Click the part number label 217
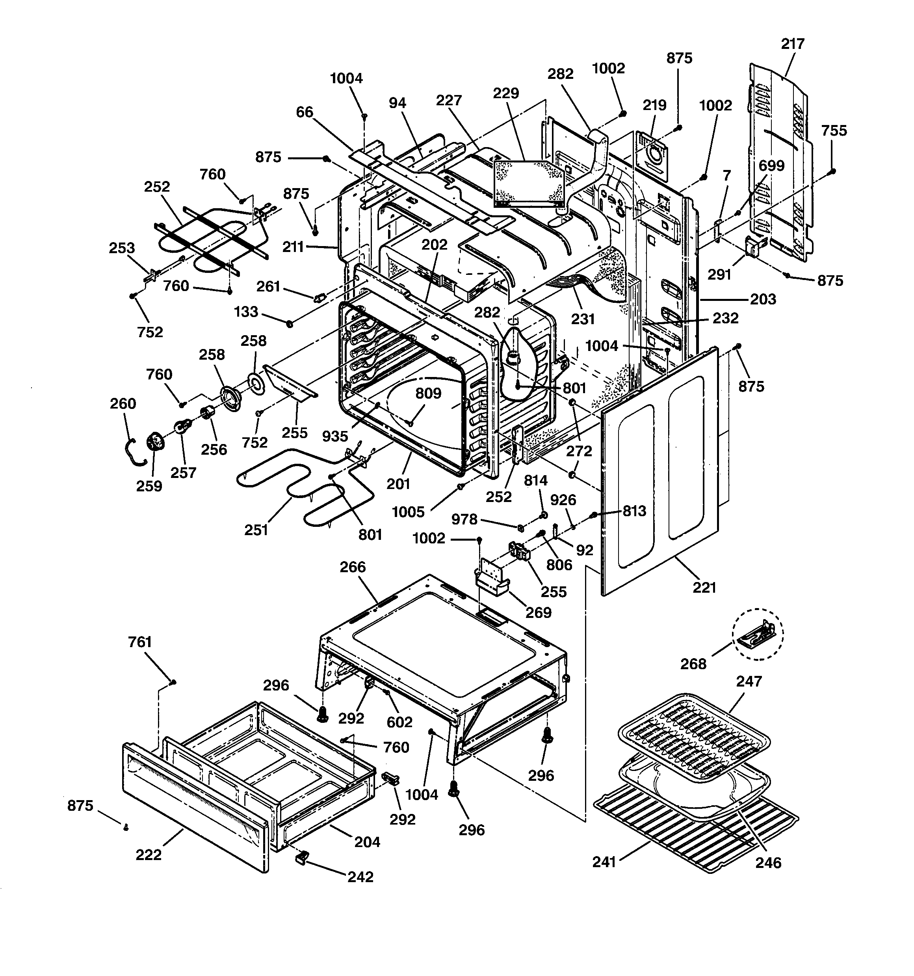click(x=792, y=44)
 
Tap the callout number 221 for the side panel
click(x=704, y=587)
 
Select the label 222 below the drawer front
click(x=149, y=855)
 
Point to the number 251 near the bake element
click(x=256, y=530)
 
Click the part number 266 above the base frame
click(x=353, y=567)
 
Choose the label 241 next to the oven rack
click(x=604, y=862)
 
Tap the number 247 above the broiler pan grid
click(x=749, y=681)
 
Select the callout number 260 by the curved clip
click(x=123, y=403)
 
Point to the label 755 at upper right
click(x=834, y=131)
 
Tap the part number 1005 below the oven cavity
click(x=408, y=512)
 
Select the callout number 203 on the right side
click(x=763, y=299)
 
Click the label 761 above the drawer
click(x=140, y=642)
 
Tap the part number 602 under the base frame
click(x=399, y=722)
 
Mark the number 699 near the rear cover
click(x=771, y=166)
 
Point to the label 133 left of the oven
click(x=246, y=312)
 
